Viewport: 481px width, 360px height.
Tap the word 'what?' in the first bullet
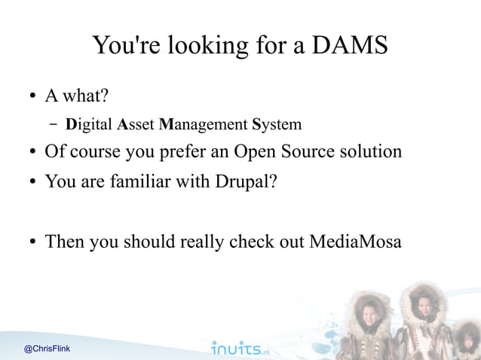(x=85, y=96)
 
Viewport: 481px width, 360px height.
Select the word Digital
(x=88, y=124)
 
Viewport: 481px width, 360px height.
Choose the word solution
(x=372, y=151)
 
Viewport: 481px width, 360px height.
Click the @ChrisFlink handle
(x=47, y=349)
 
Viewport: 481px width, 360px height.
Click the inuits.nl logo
(x=240, y=348)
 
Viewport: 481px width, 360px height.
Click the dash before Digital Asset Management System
(x=55, y=124)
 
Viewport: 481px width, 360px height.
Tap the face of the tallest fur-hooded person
(x=424, y=307)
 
